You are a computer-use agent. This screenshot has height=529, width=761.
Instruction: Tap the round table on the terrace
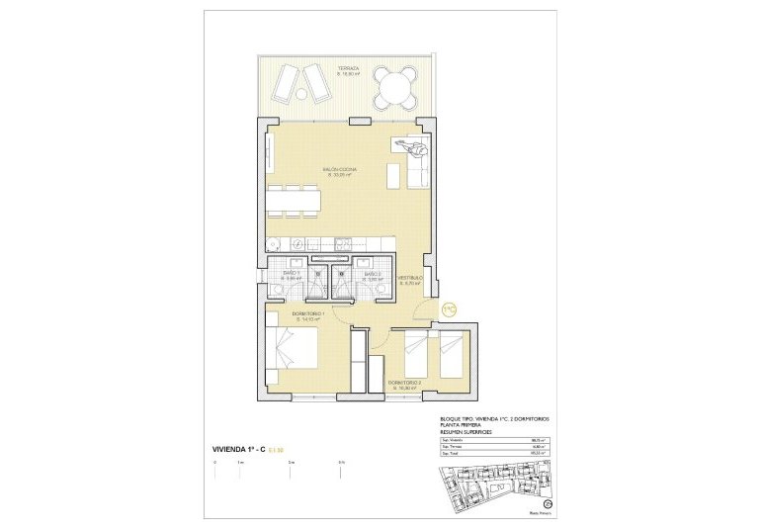pos(396,90)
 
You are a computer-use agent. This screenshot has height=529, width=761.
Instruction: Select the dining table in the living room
pos(294,201)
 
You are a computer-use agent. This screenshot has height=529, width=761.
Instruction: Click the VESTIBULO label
pos(410,279)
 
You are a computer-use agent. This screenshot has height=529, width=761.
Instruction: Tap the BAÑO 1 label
pos(292,274)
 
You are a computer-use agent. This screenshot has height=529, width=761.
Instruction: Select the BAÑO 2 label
pos(372,274)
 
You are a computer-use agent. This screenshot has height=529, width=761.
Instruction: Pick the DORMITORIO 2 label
pos(404,383)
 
